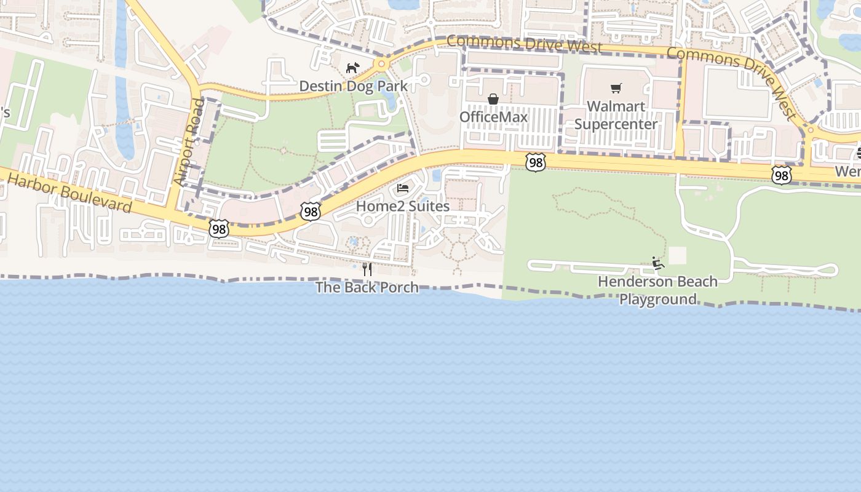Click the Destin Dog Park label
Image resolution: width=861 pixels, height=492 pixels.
353,86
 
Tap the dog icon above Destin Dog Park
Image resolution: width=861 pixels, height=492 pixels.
352,68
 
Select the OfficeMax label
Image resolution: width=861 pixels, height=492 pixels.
493,117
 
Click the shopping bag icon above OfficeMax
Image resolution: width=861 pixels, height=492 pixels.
493,99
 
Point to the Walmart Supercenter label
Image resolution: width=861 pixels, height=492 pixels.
616,115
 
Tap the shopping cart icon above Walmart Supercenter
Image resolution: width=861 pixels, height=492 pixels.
616,89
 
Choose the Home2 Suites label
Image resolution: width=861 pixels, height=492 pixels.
403,206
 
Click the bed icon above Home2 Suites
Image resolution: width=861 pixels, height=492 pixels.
403,188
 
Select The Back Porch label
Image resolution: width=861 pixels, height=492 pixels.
367,287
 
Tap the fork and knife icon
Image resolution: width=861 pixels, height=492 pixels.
367,269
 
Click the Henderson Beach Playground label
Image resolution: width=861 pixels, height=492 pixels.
657,290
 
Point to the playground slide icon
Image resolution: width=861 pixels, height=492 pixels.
658,263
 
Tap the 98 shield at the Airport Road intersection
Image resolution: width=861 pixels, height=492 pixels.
218,229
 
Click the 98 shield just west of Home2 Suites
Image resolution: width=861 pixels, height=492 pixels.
311,212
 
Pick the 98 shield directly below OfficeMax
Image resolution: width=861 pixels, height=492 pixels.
536,162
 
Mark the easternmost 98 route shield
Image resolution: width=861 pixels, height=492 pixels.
781,175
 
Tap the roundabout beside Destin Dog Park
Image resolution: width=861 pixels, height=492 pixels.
382,63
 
